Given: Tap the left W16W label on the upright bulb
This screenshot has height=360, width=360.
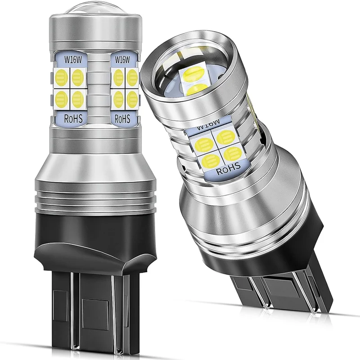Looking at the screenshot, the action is [x=73, y=60].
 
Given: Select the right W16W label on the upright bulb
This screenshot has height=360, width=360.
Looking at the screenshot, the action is [x=122, y=60].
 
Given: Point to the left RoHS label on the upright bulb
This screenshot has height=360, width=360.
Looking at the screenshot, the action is [x=73, y=118].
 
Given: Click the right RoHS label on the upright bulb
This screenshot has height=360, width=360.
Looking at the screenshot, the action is [x=122, y=119].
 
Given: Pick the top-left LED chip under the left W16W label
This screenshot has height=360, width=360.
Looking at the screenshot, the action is [x=62, y=77].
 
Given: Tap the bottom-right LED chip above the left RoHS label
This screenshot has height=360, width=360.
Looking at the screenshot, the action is [x=78, y=99].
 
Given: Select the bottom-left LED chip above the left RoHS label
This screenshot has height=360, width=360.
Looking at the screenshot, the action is [x=62, y=99].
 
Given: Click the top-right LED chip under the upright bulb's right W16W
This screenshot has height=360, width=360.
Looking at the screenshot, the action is [x=132, y=77].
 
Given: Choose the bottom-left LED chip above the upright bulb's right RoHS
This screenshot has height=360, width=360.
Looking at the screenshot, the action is [x=118, y=99].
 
